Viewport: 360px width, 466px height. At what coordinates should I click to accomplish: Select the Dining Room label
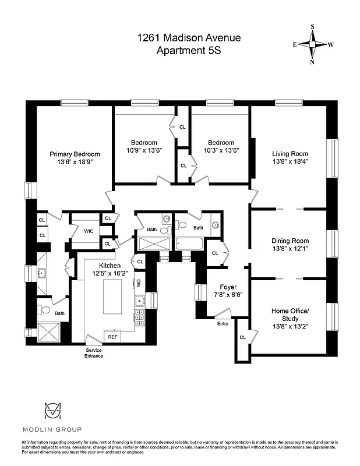(290, 241)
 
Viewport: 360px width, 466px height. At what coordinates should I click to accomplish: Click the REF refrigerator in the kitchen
(112, 336)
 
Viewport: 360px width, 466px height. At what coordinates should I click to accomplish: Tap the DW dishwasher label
(139, 284)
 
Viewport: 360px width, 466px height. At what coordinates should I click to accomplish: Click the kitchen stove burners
(140, 317)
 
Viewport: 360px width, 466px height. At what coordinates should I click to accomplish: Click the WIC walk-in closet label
(89, 231)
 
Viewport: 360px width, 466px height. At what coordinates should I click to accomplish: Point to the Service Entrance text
(93, 352)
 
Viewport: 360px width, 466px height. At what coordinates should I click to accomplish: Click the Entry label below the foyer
(223, 324)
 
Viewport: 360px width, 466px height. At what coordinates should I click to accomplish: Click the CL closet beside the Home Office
(242, 337)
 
